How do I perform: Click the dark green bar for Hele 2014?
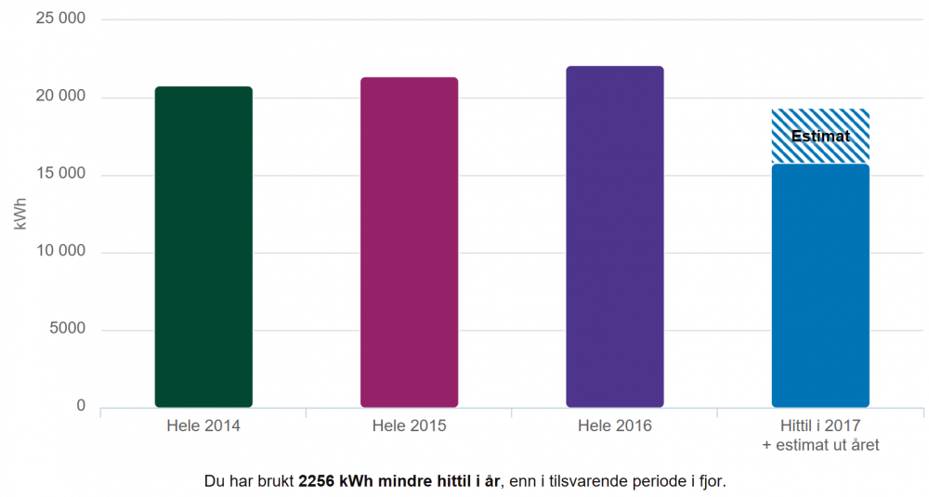(x=203, y=247)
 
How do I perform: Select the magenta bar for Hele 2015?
(x=409, y=242)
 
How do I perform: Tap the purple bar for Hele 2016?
(x=614, y=237)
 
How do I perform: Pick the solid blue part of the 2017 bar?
(x=820, y=286)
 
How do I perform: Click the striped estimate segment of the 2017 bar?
(x=820, y=121)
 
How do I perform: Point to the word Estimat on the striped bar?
(x=820, y=137)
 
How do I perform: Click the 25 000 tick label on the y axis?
(x=59, y=20)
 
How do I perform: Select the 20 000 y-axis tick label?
(x=59, y=98)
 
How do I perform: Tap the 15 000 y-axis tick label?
(x=59, y=175)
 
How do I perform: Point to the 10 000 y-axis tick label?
(x=59, y=252)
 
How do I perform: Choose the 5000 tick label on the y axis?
(x=68, y=329)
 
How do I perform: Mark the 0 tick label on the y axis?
(x=81, y=406)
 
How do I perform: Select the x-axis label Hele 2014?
(x=203, y=426)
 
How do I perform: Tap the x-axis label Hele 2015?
(x=409, y=426)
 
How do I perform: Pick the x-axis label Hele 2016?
(x=614, y=426)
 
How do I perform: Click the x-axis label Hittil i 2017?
(x=820, y=426)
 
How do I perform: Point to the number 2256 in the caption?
(x=317, y=482)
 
